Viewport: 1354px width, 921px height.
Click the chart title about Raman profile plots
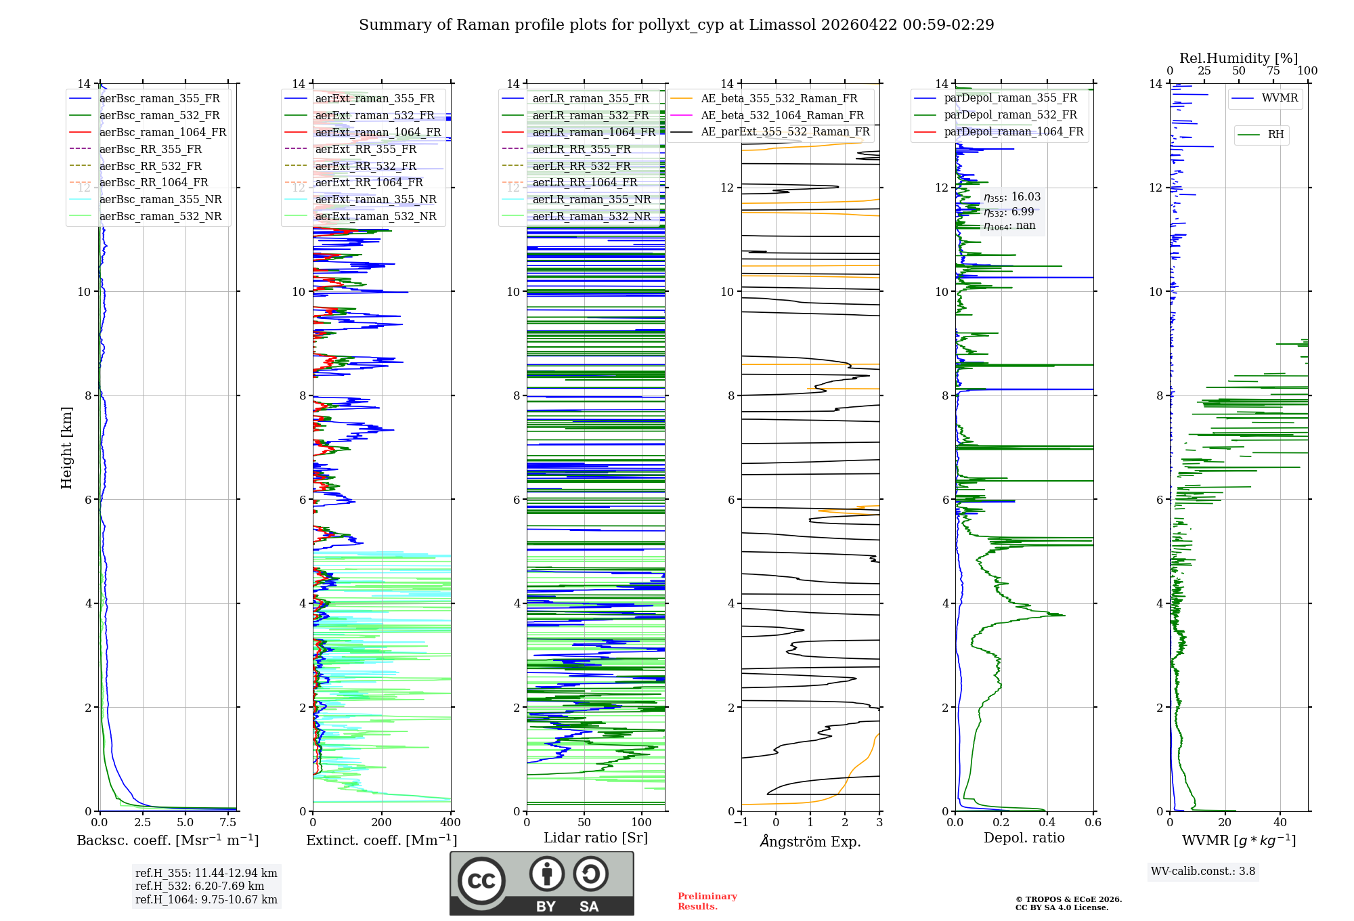(676, 25)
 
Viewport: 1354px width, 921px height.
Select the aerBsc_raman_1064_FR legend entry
(148, 132)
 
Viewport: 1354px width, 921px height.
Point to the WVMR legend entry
(1265, 98)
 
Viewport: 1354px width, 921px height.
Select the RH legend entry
(1261, 135)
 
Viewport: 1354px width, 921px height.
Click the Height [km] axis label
(66, 448)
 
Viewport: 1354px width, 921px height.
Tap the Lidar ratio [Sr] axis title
(596, 838)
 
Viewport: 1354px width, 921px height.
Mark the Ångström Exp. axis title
(810, 841)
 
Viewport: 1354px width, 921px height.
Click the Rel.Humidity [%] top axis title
(1239, 58)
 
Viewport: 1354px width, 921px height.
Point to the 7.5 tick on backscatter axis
(228, 822)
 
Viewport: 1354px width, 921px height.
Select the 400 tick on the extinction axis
(450, 822)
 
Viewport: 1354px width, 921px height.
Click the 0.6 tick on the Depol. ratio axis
(1093, 822)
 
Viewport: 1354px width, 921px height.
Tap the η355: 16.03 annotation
(1012, 197)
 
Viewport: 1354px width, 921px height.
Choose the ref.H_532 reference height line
(200, 886)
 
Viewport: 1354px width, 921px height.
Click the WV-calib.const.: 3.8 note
(1203, 871)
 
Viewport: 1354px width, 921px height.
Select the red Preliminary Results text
(707, 901)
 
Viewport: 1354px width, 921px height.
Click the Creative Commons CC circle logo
(481, 881)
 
